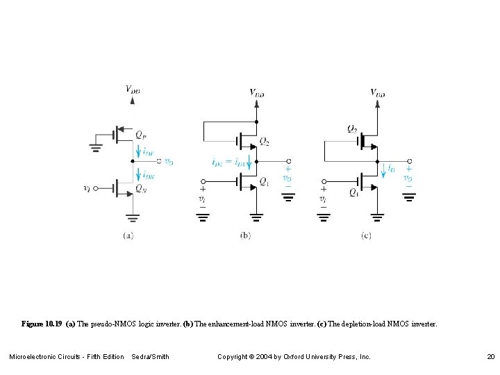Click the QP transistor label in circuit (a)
click(x=141, y=134)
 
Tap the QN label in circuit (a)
click(x=141, y=187)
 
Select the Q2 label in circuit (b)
click(x=265, y=142)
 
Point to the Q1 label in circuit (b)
click(x=265, y=183)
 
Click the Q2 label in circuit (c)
click(x=353, y=128)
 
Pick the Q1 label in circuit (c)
click(x=354, y=192)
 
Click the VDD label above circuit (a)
click(x=133, y=89)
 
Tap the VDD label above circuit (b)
click(x=257, y=92)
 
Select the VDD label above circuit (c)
click(x=378, y=92)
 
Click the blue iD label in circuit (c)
click(x=392, y=167)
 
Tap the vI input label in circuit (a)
click(x=86, y=187)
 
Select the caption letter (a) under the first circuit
click(x=128, y=235)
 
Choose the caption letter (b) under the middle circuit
click(x=245, y=235)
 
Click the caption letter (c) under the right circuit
click(x=366, y=235)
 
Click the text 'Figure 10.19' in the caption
click(x=42, y=324)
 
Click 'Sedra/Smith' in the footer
click(x=150, y=357)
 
